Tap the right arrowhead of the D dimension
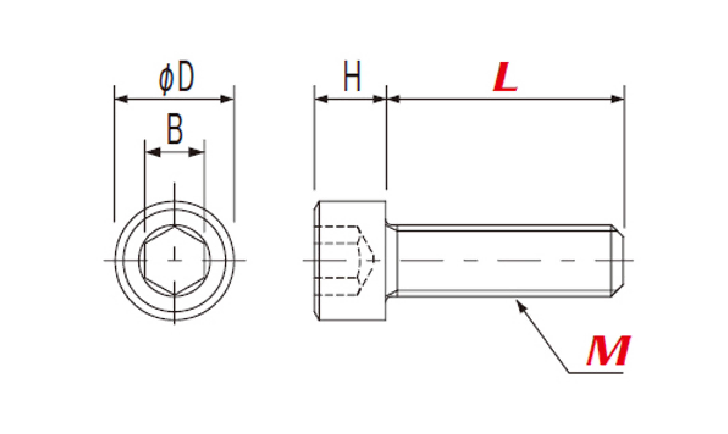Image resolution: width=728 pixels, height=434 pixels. click(227, 99)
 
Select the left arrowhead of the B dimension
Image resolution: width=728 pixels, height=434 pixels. click(153, 152)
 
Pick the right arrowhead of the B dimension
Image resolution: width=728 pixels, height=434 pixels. click(197, 152)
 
